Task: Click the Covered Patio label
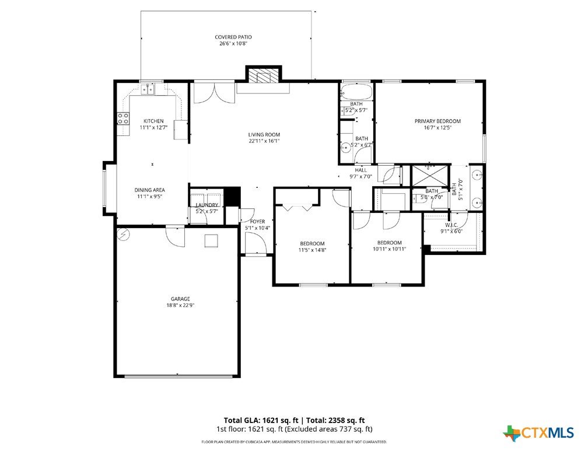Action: (x=233, y=37)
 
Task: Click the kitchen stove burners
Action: (x=123, y=118)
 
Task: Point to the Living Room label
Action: (x=264, y=135)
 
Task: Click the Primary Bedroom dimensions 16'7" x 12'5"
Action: (x=437, y=128)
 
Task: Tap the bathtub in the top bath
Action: (x=356, y=91)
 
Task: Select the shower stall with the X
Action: (x=430, y=176)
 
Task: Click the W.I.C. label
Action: (x=451, y=225)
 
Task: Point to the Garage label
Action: (x=180, y=299)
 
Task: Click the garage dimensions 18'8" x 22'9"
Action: (x=180, y=305)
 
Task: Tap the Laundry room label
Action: (x=207, y=205)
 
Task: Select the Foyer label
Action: (x=258, y=222)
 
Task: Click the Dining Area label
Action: (x=149, y=190)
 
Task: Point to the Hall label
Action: (x=360, y=170)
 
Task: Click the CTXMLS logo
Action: (x=538, y=432)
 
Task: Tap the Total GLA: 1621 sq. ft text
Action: (x=261, y=421)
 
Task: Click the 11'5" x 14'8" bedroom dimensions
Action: (x=312, y=250)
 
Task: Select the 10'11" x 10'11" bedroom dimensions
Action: (x=389, y=249)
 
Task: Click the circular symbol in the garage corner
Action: (x=124, y=235)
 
